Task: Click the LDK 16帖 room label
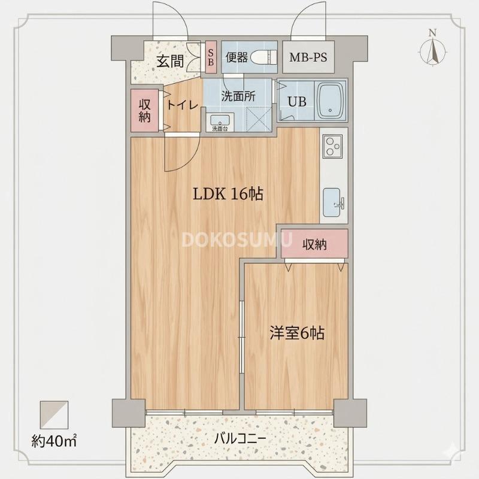tap(228, 194)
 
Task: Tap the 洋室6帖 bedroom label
tap(296, 334)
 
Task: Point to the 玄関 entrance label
tap(170, 60)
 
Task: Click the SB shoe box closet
tap(211, 57)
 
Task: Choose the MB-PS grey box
tap(308, 57)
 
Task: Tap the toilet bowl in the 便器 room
tap(263, 57)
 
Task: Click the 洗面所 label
tap(238, 95)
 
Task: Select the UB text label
tap(297, 101)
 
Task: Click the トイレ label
tap(182, 105)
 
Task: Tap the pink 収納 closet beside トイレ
tap(145, 110)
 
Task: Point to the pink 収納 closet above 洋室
tap(314, 244)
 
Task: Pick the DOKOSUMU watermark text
tap(237, 240)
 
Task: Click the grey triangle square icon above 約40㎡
tap(54, 414)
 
